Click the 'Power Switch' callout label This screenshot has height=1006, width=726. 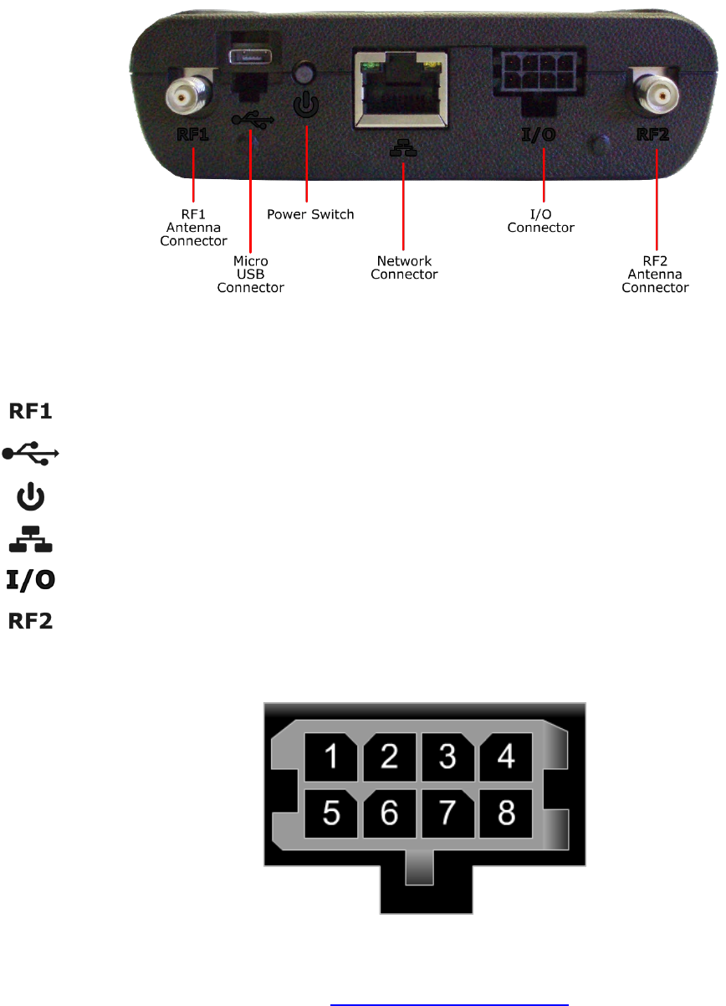pyautogui.click(x=310, y=214)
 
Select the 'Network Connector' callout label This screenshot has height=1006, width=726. pyautogui.click(x=404, y=268)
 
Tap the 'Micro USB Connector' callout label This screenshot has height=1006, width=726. pyautogui.click(x=250, y=275)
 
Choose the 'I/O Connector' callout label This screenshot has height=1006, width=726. pyautogui.click(x=541, y=221)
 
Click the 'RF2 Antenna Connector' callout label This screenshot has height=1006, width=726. pyautogui.click(x=657, y=275)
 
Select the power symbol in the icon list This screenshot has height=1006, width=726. pyautogui.click(x=32, y=497)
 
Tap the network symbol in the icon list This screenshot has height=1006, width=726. pyautogui.click(x=32, y=539)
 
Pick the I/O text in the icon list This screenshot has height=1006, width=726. pyautogui.click(x=32, y=579)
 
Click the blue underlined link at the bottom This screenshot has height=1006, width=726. pyautogui.click(x=449, y=998)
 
